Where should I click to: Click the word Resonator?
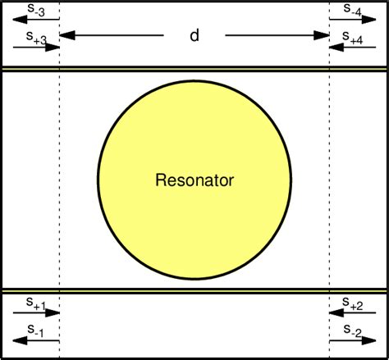click(194, 180)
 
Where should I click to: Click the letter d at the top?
click(194, 35)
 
